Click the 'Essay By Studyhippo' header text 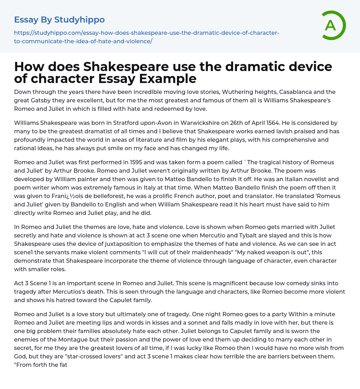click(x=59, y=20)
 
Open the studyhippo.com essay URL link click(x=147, y=37)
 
